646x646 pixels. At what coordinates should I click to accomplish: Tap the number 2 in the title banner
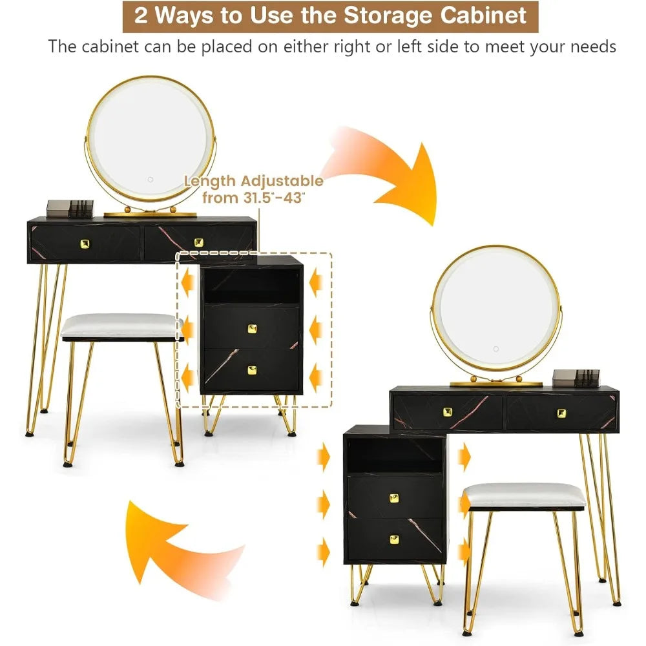[x=141, y=15]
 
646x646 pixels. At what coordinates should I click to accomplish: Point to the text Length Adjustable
[x=253, y=180]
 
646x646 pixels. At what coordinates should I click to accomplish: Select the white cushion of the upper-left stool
[x=121, y=326]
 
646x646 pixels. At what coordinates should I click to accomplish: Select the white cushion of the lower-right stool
[x=525, y=494]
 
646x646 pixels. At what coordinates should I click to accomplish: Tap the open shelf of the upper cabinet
[x=251, y=286]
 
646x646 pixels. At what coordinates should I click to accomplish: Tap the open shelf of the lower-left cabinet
[x=394, y=456]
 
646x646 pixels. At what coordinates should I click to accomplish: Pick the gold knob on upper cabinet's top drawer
[x=251, y=328]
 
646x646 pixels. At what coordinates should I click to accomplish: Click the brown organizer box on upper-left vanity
[x=70, y=208]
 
